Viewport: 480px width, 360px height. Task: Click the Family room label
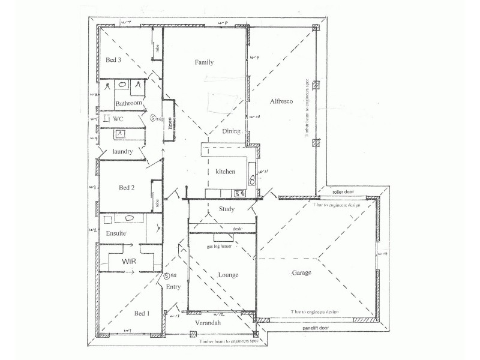click(204, 62)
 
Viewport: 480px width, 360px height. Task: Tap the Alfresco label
click(281, 101)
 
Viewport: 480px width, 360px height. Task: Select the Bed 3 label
click(114, 60)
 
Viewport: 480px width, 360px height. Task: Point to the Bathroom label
click(128, 104)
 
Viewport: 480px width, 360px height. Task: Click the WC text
click(118, 119)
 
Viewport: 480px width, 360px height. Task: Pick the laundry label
click(122, 152)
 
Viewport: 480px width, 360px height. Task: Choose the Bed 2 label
click(126, 187)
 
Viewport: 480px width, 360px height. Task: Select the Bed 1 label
click(142, 313)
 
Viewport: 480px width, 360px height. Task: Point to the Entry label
click(173, 287)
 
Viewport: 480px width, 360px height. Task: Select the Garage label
click(302, 273)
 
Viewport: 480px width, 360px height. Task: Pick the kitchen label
click(226, 172)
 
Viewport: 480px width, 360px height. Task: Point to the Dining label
click(231, 131)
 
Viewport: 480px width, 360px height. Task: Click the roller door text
click(348, 193)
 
